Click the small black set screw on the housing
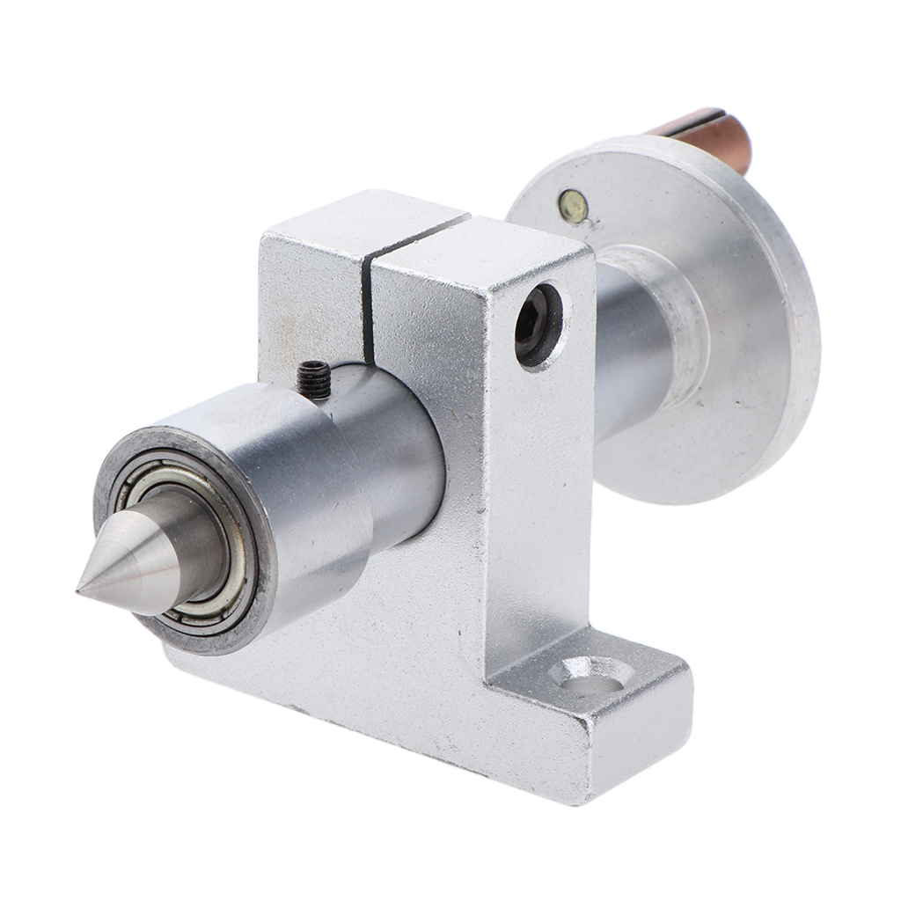click(313, 379)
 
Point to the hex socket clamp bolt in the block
click(537, 325)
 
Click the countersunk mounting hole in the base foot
click(590, 676)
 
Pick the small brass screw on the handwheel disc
click(572, 205)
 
